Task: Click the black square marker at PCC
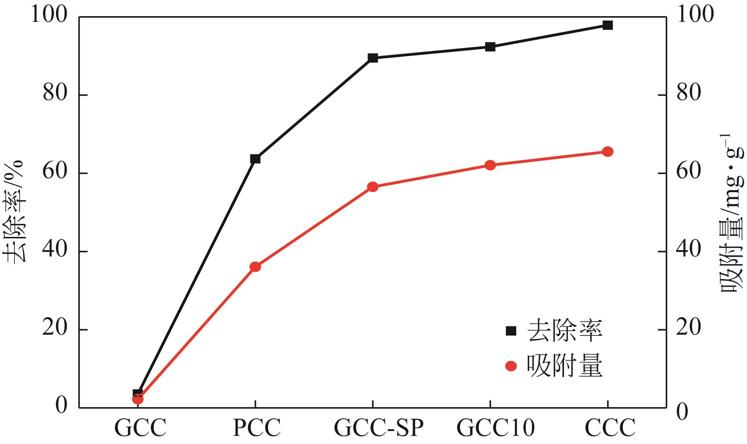click(255, 159)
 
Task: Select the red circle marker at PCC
click(255, 267)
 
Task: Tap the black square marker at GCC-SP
click(372, 58)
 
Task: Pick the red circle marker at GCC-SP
click(372, 187)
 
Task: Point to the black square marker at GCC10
click(490, 47)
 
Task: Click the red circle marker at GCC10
click(490, 165)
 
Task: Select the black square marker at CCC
click(607, 25)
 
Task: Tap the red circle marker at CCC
click(607, 152)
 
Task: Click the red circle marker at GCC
click(138, 399)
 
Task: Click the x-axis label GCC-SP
click(379, 428)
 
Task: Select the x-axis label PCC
click(257, 428)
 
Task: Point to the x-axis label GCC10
click(496, 428)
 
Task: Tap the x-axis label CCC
click(610, 428)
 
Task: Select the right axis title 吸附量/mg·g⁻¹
click(733, 220)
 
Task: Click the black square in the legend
click(511, 331)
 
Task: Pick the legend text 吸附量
click(564, 367)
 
